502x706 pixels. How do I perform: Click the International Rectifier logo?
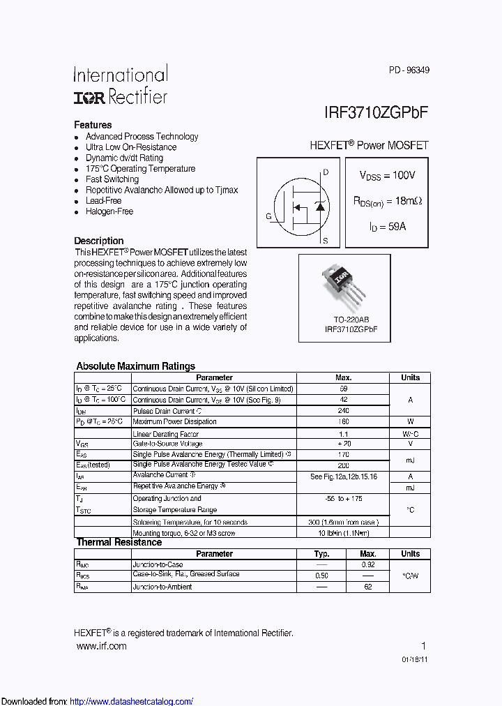[x=121, y=86]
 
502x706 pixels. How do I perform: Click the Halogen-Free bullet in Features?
[x=109, y=211]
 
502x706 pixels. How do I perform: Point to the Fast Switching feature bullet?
[x=112, y=179]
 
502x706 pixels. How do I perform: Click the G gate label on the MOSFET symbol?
[x=268, y=216]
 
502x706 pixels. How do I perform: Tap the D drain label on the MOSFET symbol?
[x=326, y=172]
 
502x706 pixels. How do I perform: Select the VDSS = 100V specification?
[x=387, y=175]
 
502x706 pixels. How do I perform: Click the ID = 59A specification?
[x=387, y=227]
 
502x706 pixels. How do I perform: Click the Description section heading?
[x=99, y=241]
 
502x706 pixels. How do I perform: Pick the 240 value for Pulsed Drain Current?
[x=343, y=411]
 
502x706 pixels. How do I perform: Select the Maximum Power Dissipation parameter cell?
[x=174, y=421]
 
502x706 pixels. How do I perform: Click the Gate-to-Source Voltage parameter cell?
[x=167, y=444]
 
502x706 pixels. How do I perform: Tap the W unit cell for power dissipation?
[x=410, y=421]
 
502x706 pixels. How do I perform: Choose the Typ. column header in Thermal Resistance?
[x=321, y=554]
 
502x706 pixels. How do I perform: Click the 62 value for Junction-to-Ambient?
[x=367, y=587]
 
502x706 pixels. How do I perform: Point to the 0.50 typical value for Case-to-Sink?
[x=321, y=576]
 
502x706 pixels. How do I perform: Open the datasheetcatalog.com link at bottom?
[x=132, y=701]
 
